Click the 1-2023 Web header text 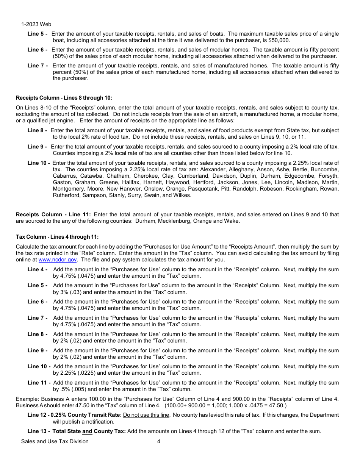coord(36,24)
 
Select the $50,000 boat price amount coord(279,40)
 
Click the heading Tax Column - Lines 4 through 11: coord(57,237)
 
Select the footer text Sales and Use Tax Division coord(55,441)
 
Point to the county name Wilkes coord(182,195)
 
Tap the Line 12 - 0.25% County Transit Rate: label coord(75,415)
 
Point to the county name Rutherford coord(66,195)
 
